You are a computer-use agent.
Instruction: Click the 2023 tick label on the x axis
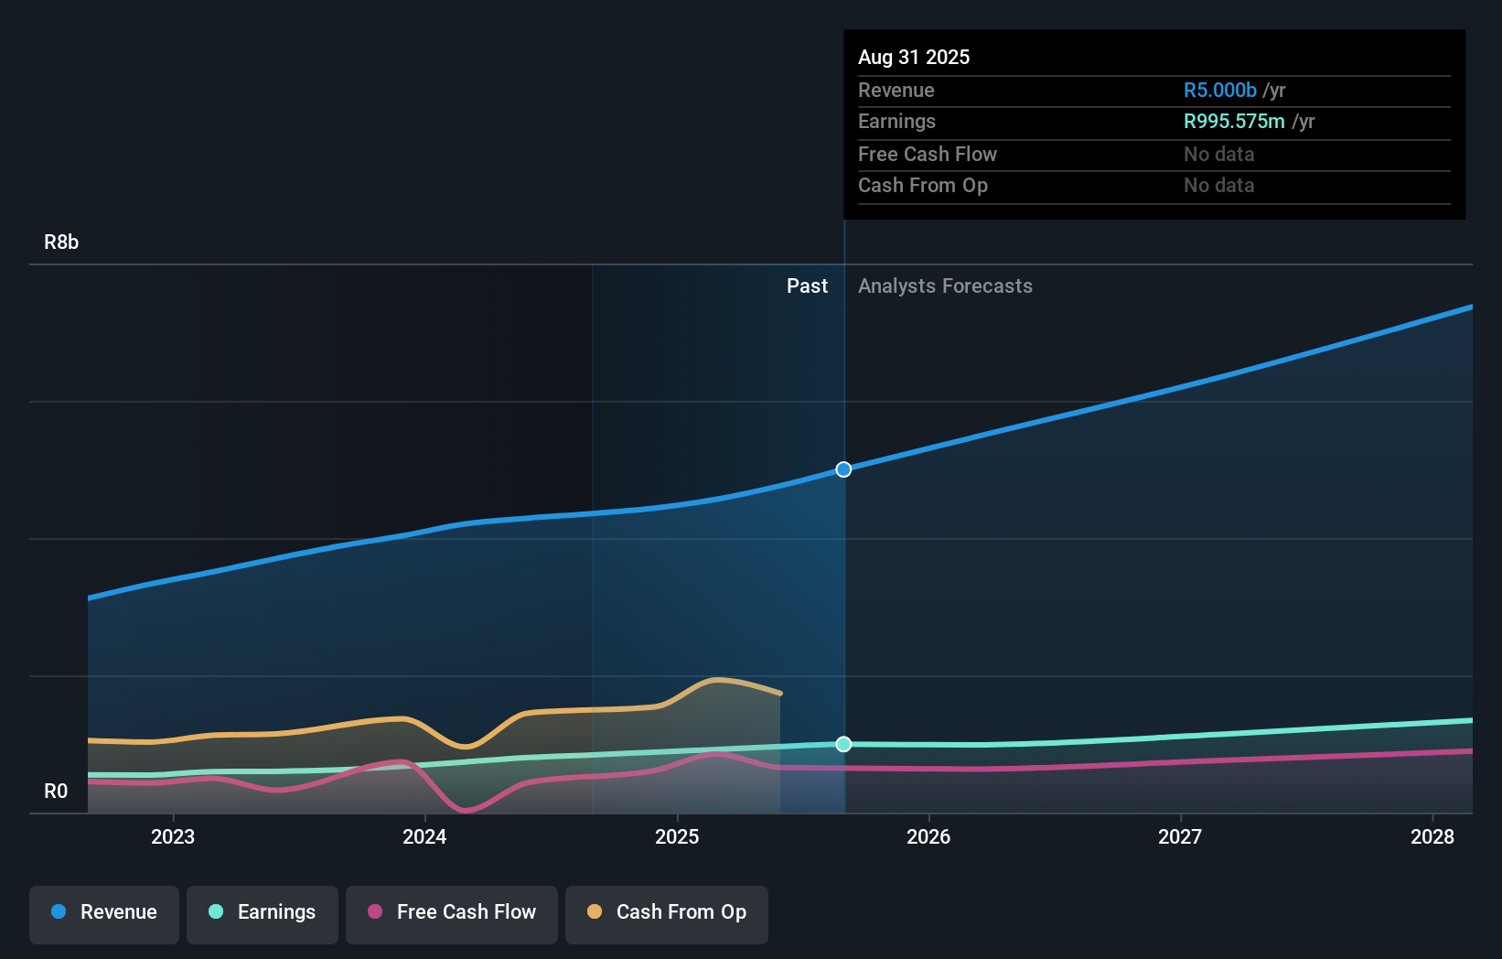click(x=173, y=836)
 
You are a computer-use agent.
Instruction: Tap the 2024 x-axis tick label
click(x=424, y=836)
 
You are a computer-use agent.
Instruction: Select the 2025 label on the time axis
click(x=677, y=836)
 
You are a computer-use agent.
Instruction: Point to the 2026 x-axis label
click(x=928, y=836)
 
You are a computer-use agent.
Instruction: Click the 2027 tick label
click(x=1180, y=836)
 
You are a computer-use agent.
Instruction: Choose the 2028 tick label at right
click(x=1432, y=836)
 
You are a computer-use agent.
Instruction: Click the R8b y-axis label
click(x=61, y=242)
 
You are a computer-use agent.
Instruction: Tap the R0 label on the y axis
click(x=56, y=792)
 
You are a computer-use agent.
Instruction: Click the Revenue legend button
click(x=104, y=912)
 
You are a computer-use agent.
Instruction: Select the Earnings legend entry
click(x=263, y=912)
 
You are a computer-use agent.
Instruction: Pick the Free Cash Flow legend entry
click(x=452, y=912)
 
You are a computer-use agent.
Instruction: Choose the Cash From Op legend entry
click(x=667, y=912)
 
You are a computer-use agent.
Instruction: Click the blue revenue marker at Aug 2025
click(x=843, y=469)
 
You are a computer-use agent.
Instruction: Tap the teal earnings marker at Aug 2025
click(x=843, y=744)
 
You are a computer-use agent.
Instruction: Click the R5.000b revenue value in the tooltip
click(x=1219, y=91)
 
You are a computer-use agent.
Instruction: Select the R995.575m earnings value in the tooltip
click(x=1233, y=122)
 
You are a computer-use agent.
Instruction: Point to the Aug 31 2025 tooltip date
click(x=913, y=58)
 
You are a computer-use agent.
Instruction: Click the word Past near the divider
click(x=807, y=286)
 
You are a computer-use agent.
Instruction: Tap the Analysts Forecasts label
click(x=945, y=286)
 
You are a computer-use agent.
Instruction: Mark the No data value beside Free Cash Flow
click(x=1218, y=155)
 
